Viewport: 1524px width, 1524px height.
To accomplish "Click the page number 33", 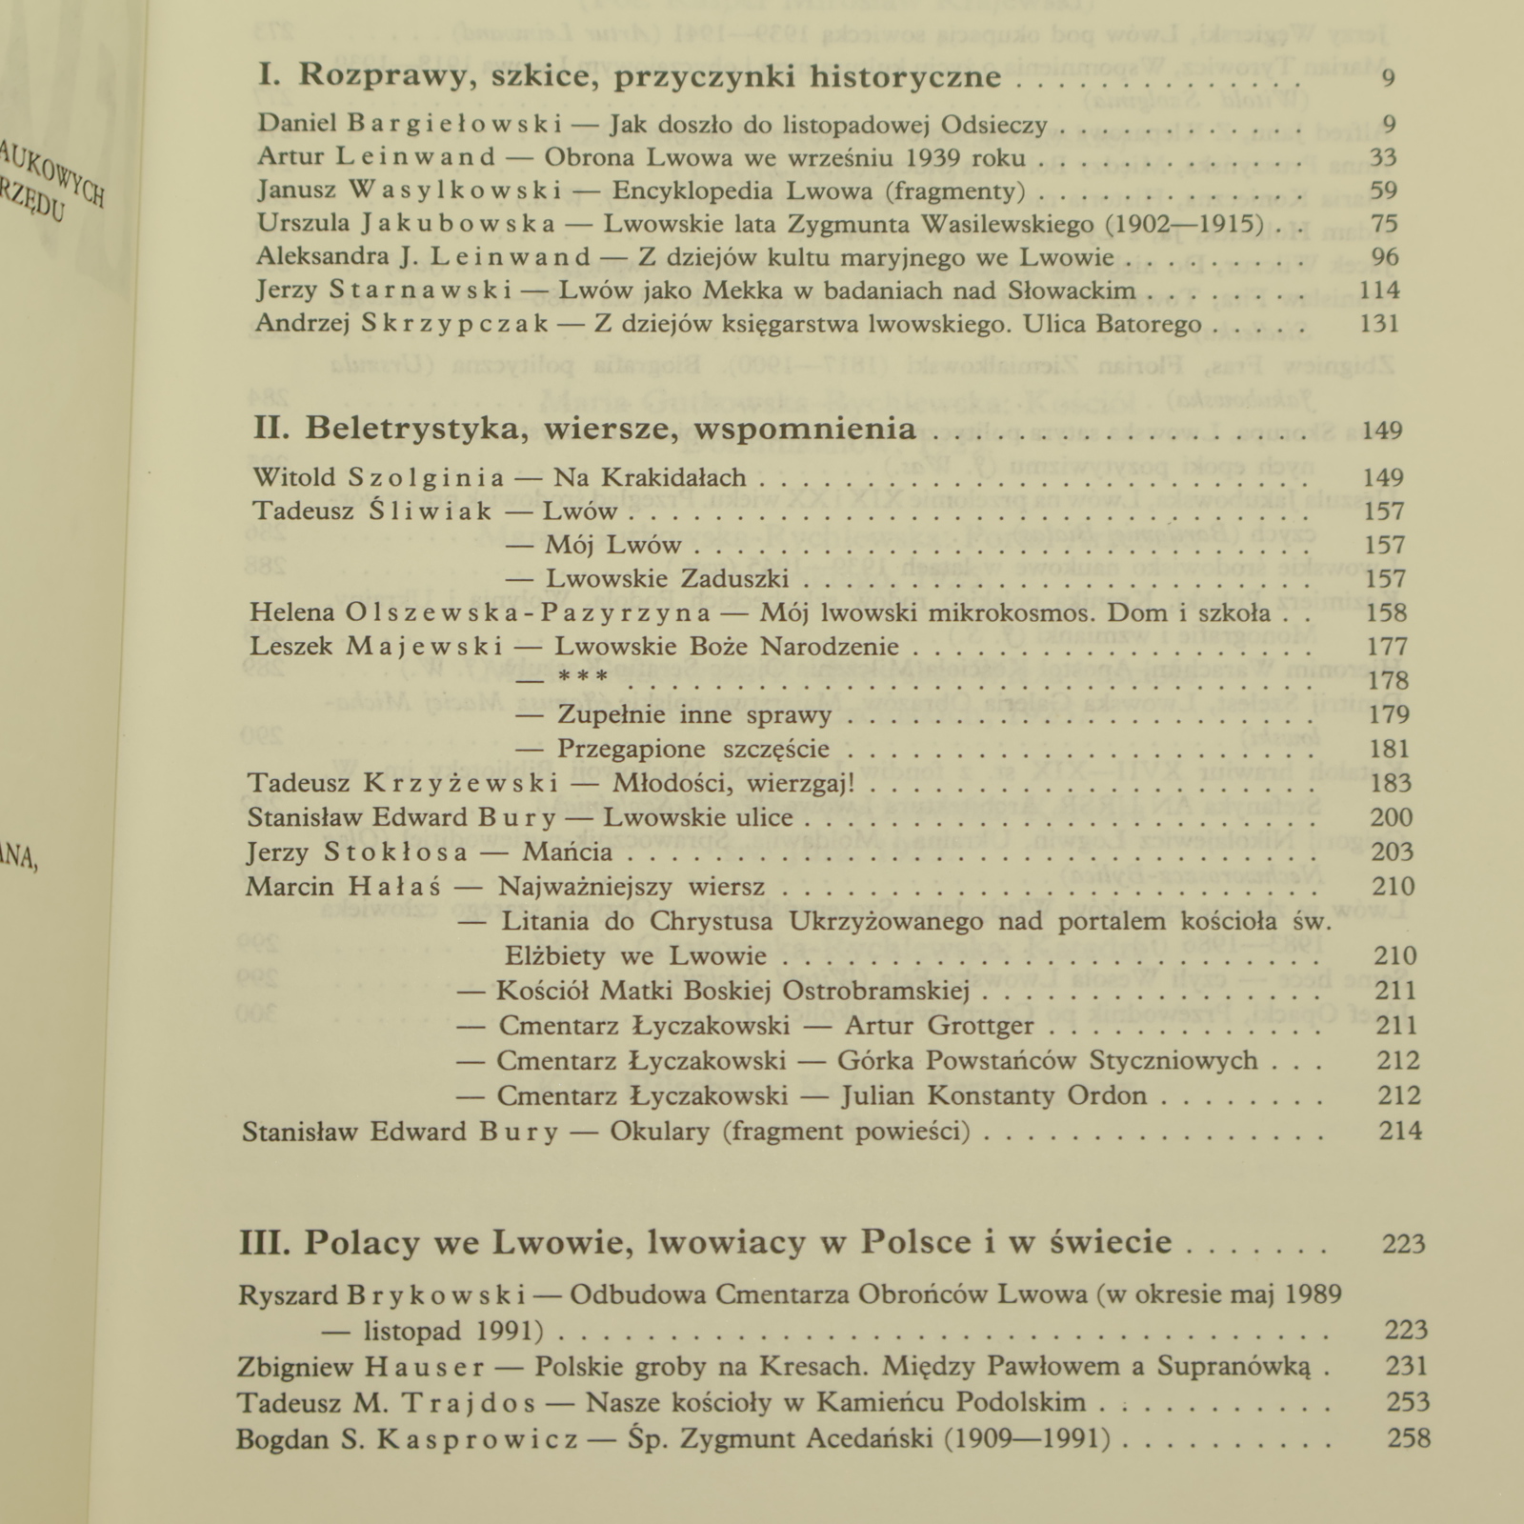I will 1382,157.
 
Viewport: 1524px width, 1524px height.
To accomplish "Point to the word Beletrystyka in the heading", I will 415,430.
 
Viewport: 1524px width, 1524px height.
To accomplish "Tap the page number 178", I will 1387,680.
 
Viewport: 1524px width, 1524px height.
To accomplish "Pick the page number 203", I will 1391,852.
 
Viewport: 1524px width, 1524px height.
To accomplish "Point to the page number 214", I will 1400,1132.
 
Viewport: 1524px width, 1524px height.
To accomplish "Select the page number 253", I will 1408,1402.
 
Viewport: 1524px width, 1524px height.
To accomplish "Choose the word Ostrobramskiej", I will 875,991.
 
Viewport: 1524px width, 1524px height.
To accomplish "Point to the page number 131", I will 1378,324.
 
